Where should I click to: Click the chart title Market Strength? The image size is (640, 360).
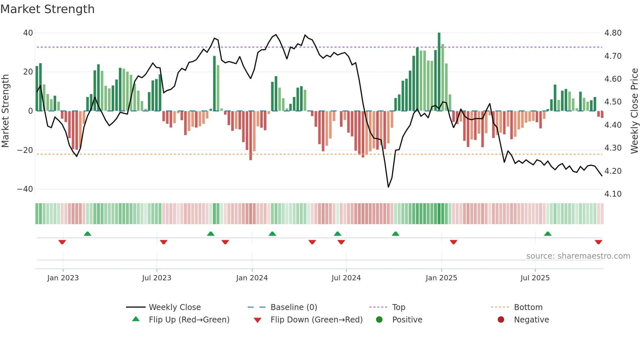(48, 9)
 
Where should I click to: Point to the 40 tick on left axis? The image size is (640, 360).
(28, 33)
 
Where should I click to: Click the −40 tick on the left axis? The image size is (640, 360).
(25, 189)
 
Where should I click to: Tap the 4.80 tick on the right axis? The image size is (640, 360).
(613, 33)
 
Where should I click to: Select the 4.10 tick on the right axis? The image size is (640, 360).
(613, 194)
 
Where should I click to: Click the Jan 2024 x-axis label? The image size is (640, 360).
(252, 278)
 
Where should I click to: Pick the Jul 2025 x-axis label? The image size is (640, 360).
(535, 278)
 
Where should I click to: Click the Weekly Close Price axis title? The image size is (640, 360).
(634, 111)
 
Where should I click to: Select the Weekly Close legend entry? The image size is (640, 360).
(174, 307)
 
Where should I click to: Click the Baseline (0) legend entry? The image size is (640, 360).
(294, 307)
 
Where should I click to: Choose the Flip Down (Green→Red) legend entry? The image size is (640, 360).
(316, 320)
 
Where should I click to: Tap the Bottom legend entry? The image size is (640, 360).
(528, 307)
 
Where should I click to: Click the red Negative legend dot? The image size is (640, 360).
(501, 320)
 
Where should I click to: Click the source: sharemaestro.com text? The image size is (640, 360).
(578, 256)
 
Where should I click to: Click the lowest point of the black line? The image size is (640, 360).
(388, 187)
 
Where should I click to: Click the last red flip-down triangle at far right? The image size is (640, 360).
(598, 242)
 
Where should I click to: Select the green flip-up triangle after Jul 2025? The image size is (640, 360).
(548, 234)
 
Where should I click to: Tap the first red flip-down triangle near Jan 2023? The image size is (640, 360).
(62, 242)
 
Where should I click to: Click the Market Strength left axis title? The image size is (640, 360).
(6, 111)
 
